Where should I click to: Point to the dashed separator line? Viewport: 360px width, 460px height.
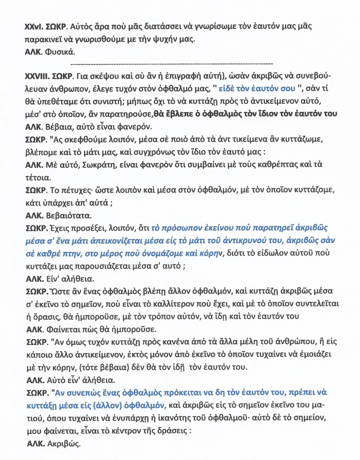click(x=172, y=63)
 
